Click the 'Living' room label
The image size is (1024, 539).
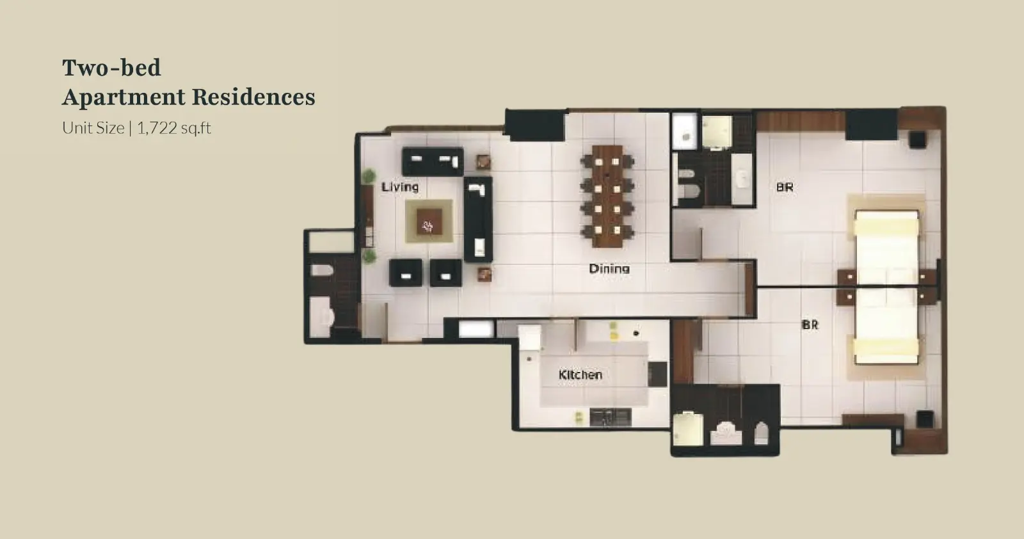pyautogui.click(x=400, y=187)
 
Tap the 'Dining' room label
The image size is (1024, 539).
pyautogui.click(x=609, y=268)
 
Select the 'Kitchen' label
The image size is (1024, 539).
pyautogui.click(x=580, y=375)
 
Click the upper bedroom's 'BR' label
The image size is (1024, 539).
pyautogui.click(x=785, y=187)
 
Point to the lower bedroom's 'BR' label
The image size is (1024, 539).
pyautogui.click(x=810, y=325)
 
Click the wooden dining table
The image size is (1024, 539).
pyautogui.click(x=607, y=197)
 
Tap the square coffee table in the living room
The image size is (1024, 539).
pyautogui.click(x=429, y=221)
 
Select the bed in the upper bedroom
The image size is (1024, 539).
pyautogui.click(x=886, y=247)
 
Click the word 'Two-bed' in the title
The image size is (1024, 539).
pyautogui.click(x=111, y=68)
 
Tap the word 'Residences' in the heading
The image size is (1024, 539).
pyautogui.click(x=253, y=97)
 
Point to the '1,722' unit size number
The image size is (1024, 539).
pyautogui.click(x=157, y=128)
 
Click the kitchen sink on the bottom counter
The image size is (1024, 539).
pyautogui.click(x=611, y=417)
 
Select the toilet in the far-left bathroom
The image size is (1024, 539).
pyautogui.click(x=322, y=270)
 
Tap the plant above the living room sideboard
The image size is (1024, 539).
pyautogui.click(x=369, y=176)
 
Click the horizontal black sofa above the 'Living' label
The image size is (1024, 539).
pyautogui.click(x=433, y=161)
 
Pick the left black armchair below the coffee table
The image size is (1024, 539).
pyautogui.click(x=406, y=273)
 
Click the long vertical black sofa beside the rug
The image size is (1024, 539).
pyautogui.click(x=478, y=220)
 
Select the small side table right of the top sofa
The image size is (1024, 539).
pyautogui.click(x=483, y=162)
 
